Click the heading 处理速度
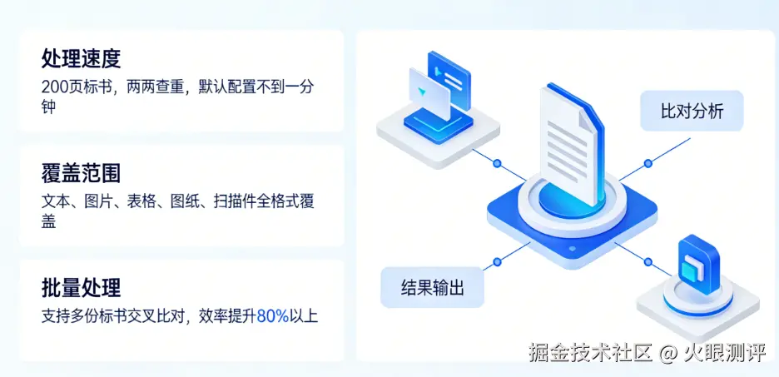click(81, 58)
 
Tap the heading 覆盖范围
click(81, 172)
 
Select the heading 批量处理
click(81, 288)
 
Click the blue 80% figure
click(272, 316)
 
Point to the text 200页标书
click(77, 87)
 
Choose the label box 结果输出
click(432, 288)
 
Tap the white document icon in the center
click(568, 141)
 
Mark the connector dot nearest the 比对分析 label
click(646, 163)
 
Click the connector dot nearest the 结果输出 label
click(497, 262)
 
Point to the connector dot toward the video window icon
click(497, 163)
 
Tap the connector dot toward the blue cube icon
click(646, 262)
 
